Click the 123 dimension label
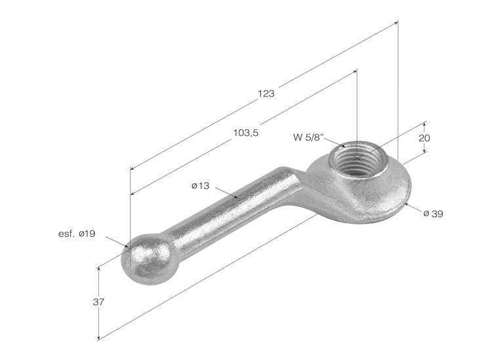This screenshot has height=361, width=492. coord(266,94)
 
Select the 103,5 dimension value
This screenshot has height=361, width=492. coord(246,133)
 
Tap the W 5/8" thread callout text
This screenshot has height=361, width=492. coord(308,137)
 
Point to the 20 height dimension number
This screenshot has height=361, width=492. coord(424,138)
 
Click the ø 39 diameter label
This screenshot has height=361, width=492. coord(433,214)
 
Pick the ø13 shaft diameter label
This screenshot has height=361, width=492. coord(200,186)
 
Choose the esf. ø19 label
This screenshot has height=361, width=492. coord(77,234)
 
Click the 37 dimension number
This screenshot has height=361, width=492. coord(98,303)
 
